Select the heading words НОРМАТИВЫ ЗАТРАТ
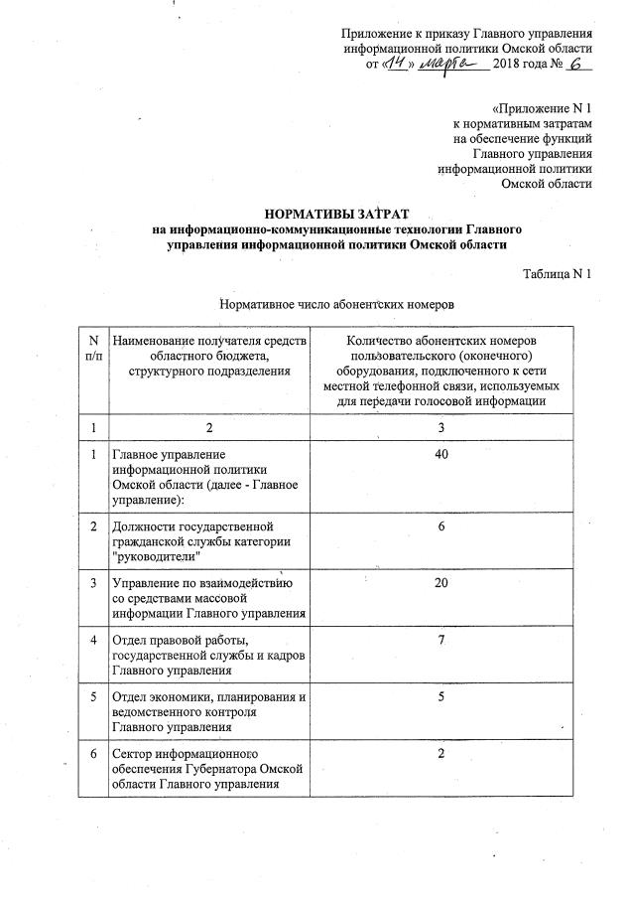point(328,214)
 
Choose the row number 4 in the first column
point(93,639)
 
